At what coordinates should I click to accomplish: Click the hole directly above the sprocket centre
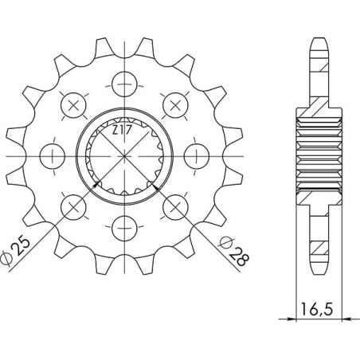pos(123,82)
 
